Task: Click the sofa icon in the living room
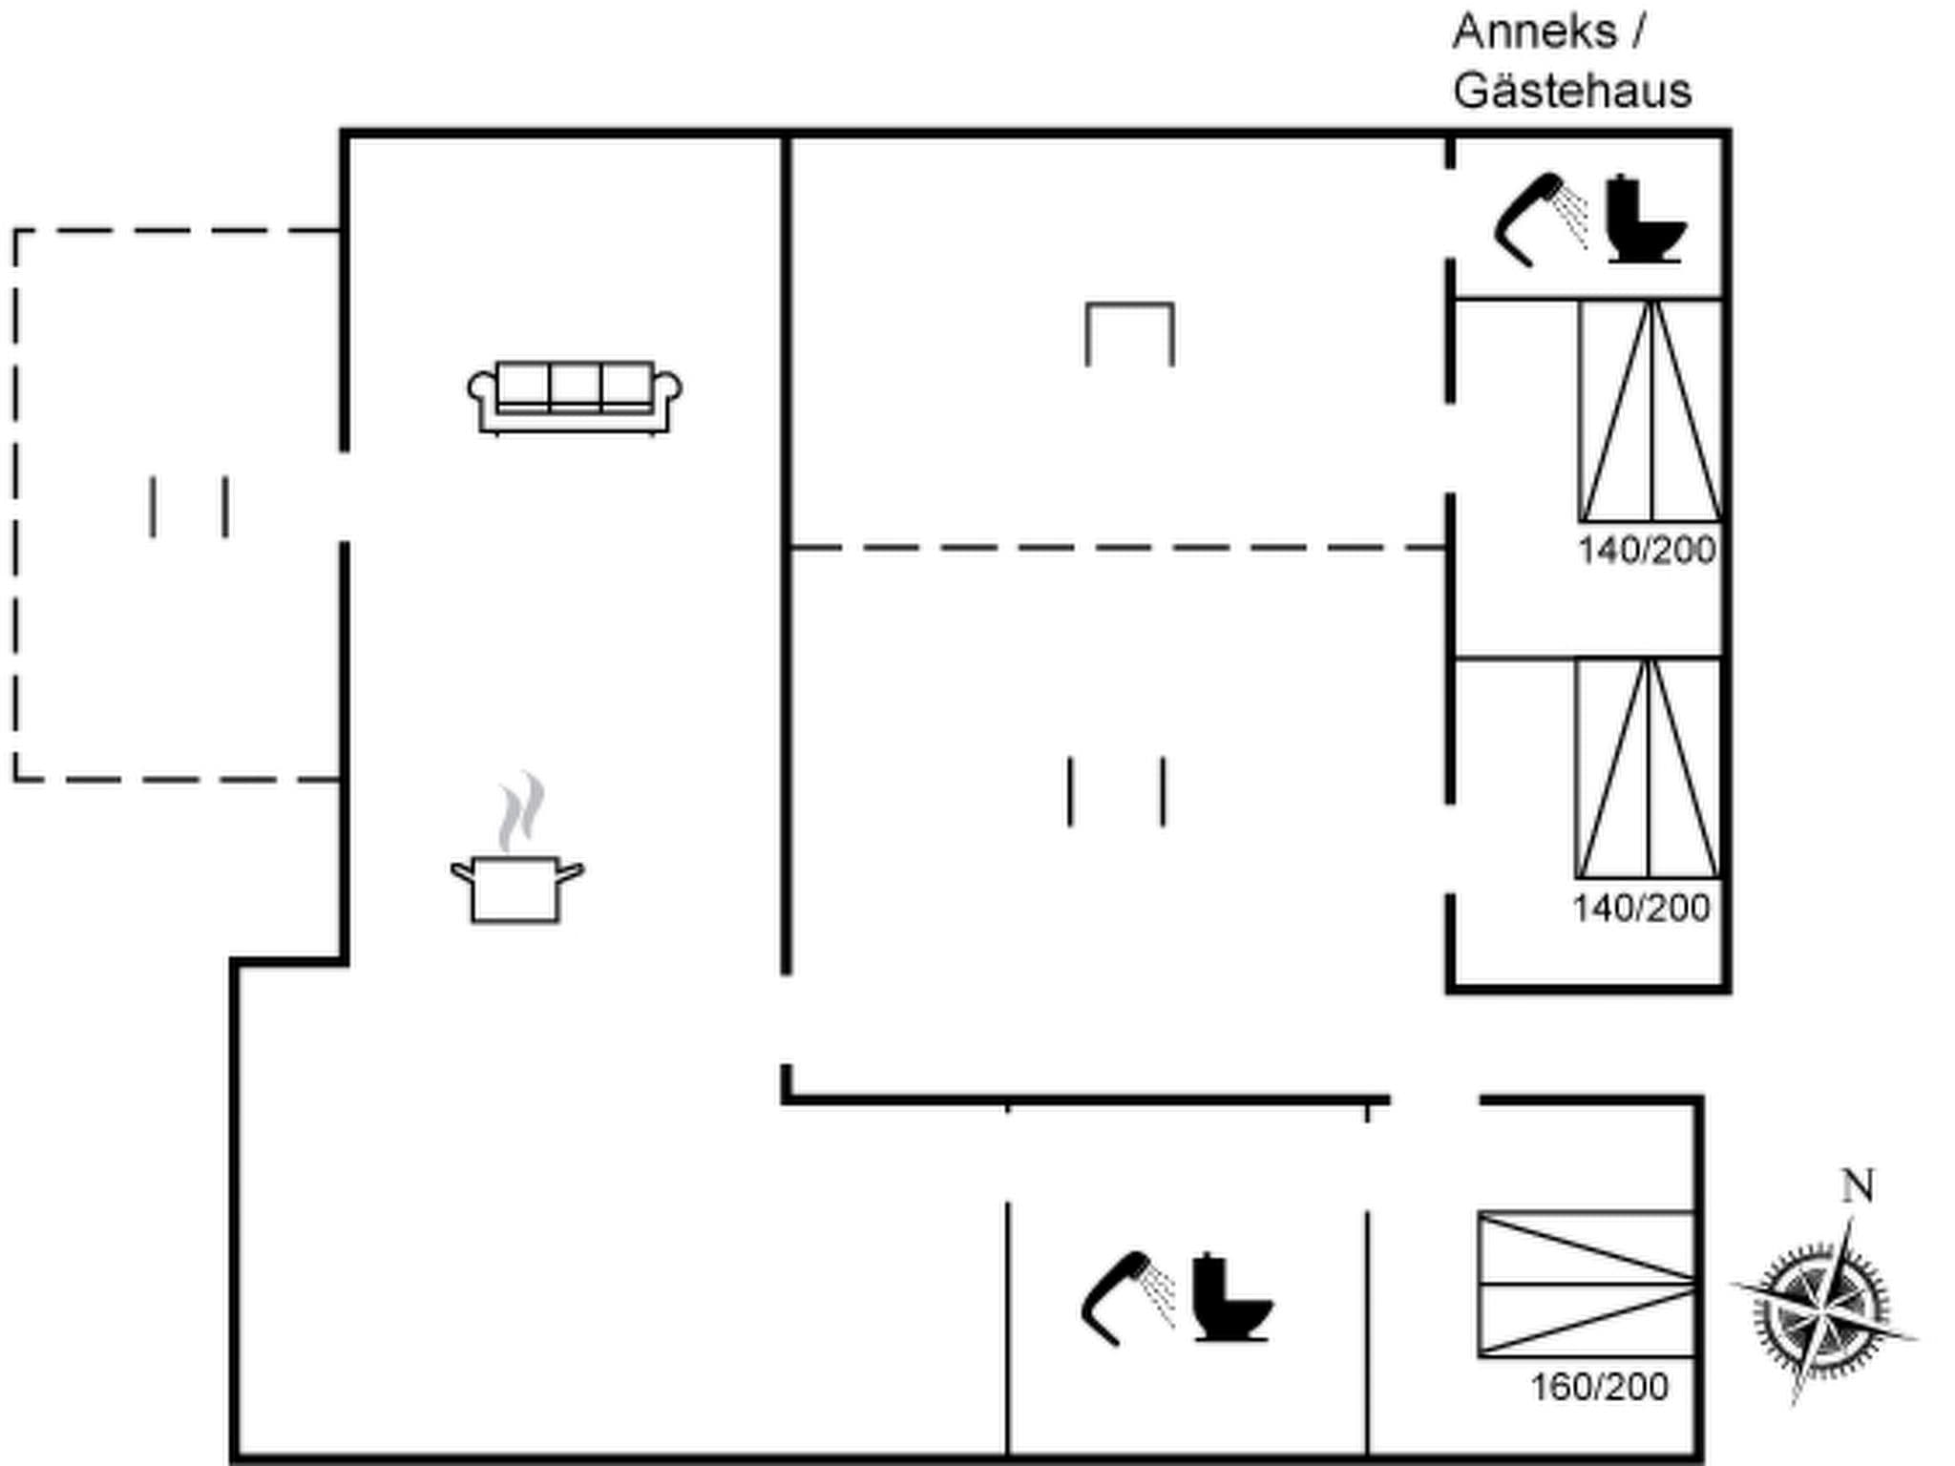(575, 398)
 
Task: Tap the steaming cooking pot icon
(516, 887)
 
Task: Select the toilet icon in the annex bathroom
(1644, 220)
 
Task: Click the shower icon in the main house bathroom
(1126, 1299)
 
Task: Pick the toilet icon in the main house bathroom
(1231, 1299)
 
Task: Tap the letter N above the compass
(1858, 1186)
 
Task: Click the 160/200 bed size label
(1600, 1388)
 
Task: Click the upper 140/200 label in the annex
(1647, 551)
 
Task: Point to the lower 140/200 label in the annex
(1642, 909)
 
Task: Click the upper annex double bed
(1650, 411)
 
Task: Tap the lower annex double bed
(1648, 768)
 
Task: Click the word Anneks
(1535, 32)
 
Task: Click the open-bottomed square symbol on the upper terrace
(1130, 334)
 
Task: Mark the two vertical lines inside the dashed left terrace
(189, 507)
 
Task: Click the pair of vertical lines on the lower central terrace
(1117, 791)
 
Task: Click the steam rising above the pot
(522, 811)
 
